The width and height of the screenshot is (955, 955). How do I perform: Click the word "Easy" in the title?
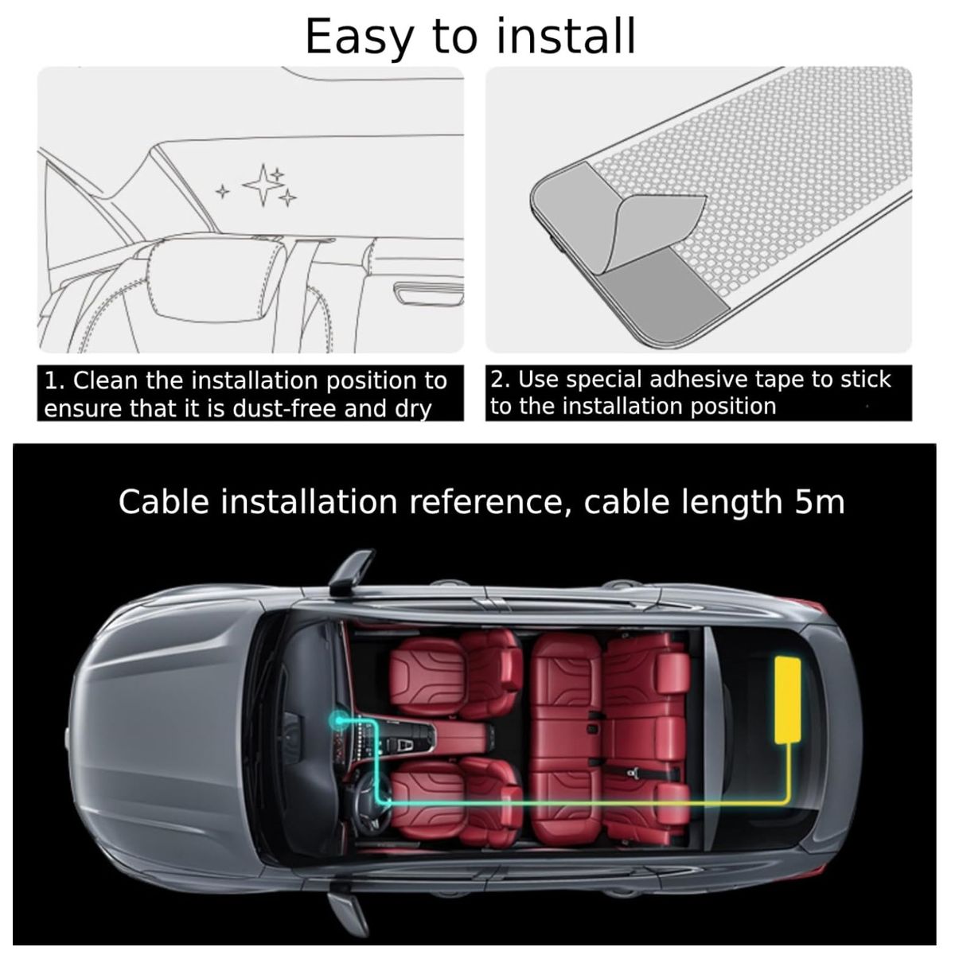pos(359,37)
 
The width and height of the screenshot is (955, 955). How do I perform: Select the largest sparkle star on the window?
pos(263,185)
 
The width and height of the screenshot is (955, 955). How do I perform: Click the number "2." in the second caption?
pos(501,380)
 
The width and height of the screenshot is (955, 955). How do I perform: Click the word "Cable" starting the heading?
pos(164,501)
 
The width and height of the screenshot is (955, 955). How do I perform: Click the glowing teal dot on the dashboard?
pos(338,719)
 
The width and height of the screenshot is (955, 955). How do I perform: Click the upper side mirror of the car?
pos(350,572)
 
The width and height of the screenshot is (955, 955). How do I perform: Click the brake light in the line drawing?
pos(429,293)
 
